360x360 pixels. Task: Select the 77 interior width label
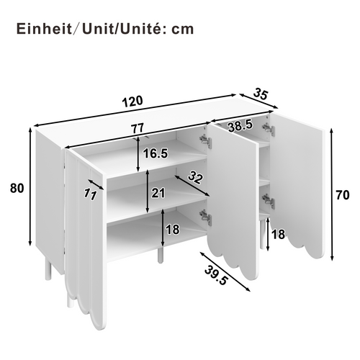138,128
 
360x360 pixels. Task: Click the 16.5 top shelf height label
155,153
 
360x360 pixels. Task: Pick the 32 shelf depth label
194,176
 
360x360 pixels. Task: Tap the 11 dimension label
90,193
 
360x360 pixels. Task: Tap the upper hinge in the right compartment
268,128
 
